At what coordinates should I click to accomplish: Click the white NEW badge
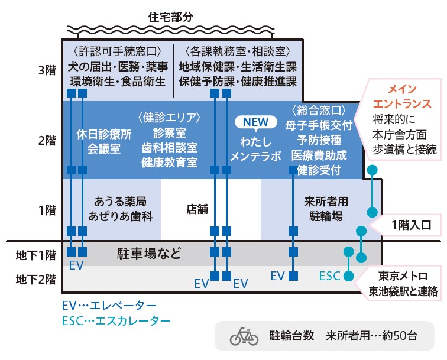(255, 122)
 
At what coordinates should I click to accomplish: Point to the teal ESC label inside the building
(329, 275)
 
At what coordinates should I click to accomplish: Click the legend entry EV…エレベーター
(109, 306)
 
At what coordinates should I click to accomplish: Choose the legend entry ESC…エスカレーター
(116, 321)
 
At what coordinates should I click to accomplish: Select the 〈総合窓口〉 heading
(318, 111)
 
